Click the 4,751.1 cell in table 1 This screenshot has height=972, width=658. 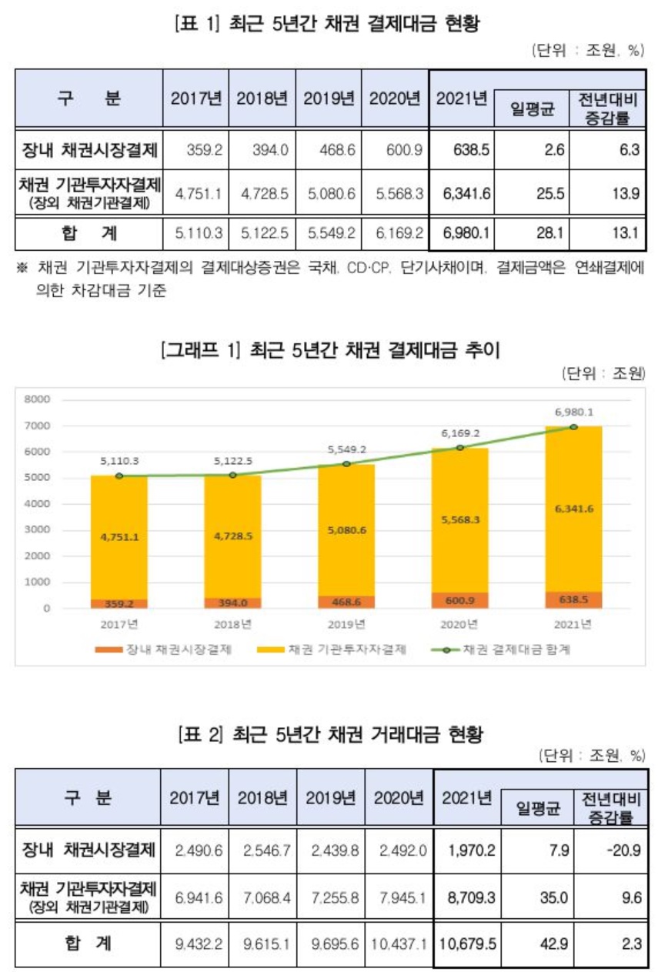click(x=196, y=192)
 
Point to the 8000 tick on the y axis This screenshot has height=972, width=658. click(x=36, y=399)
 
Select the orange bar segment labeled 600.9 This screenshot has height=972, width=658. click(x=459, y=600)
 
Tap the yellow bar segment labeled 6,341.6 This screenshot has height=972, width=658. click(x=573, y=509)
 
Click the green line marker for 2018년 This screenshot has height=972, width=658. click(x=232, y=475)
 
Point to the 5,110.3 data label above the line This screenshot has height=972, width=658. click(x=119, y=461)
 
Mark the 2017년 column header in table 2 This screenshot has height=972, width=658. click(x=195, y=798)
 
